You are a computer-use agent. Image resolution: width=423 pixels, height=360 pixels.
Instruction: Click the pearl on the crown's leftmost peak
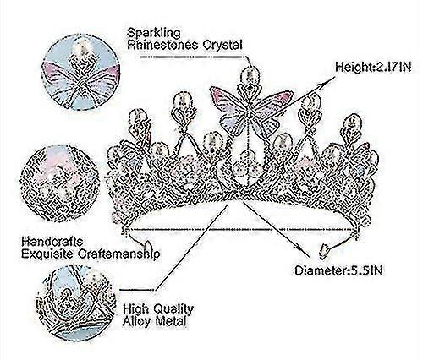[x=136, y=117]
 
